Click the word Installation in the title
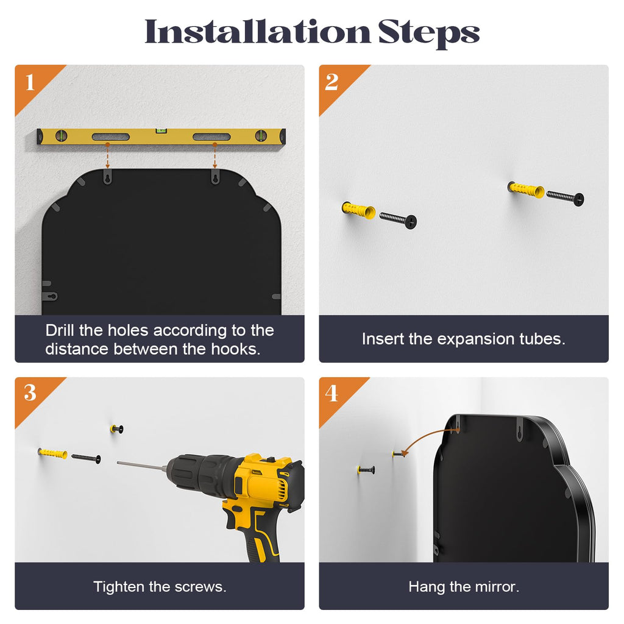pyautogui.click(x=258, y=32)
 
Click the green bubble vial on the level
pyautogui.click(x=161, y=130)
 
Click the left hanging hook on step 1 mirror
pyautogui.click(x=107, y=176)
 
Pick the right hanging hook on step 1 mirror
pyautogui.click(x=215, y=176)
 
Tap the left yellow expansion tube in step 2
pyautogui.click(x=358, y=210)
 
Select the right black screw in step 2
pyautogui.click(x=565, y=197)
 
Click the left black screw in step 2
pyautogui.click(x=398, y=219)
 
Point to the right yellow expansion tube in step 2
pyautogui.click(x=526, y=189)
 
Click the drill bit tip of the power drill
pyautogui.click(x=118, y=463)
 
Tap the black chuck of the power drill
pyautogui.click(x=201, y=474)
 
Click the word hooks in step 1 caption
pyautogui.click(x=236, y=349)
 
